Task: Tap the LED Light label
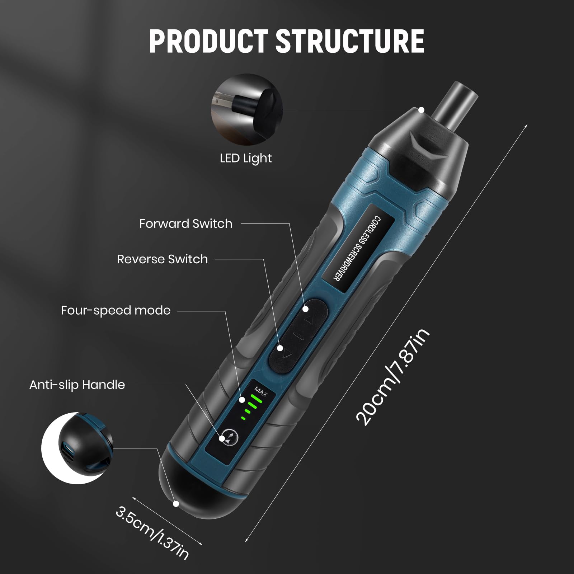coord(246,158)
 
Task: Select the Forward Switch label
coord(186,224)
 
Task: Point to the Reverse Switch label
coord(163,259)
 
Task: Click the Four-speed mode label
coord(116,310)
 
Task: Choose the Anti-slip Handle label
coord(77,385)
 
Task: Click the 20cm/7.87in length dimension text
coord(393,377)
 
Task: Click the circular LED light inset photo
coord(246,109)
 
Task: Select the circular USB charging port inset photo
coord(77,448)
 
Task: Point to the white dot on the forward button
coord(306,309)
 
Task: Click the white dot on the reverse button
coord(280,348)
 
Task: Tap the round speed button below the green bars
coord(227,437)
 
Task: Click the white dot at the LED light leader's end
coord(422,110)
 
